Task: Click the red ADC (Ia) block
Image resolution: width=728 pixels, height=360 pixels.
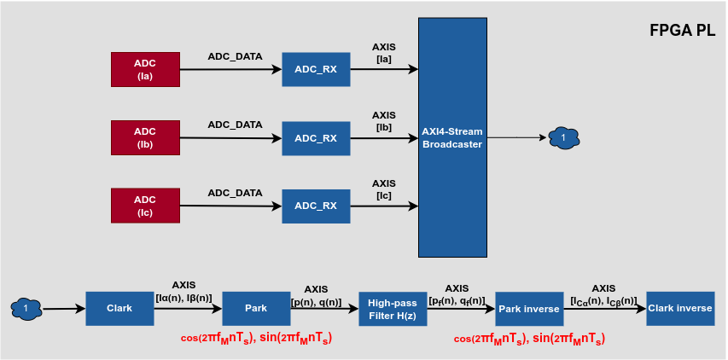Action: coord(145,69)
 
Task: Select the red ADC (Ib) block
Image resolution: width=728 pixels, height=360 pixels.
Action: coord(145,137)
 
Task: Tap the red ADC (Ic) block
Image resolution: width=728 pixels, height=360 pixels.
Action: coord(145,206)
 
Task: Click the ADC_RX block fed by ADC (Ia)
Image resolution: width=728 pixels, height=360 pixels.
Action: coord(316,69)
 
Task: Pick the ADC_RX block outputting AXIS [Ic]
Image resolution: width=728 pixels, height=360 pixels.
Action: coord(316,206)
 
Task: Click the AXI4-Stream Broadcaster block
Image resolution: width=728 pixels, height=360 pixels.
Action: coord(452,137)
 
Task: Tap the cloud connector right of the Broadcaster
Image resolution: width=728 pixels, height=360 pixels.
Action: coord(562,136)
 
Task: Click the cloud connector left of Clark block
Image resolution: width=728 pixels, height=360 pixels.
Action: coord(26,308)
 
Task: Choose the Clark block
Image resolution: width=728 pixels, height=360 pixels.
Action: coord(119,308)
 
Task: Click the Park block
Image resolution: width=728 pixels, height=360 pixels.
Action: coord(256,308)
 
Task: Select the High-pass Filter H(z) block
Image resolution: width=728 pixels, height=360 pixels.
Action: coord(393,308)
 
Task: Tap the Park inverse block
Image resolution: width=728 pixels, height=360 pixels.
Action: coord(529,308)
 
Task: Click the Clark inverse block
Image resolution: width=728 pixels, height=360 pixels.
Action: coord(679,308)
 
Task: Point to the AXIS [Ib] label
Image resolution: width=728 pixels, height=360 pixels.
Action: coord(384,121)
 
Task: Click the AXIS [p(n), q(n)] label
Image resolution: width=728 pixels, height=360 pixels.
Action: coord(316,296)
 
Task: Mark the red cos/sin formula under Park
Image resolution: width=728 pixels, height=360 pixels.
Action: coord(256,338)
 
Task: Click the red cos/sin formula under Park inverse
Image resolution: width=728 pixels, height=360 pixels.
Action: coord(529,338)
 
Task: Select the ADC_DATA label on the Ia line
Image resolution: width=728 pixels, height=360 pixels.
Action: coord(235,56)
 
